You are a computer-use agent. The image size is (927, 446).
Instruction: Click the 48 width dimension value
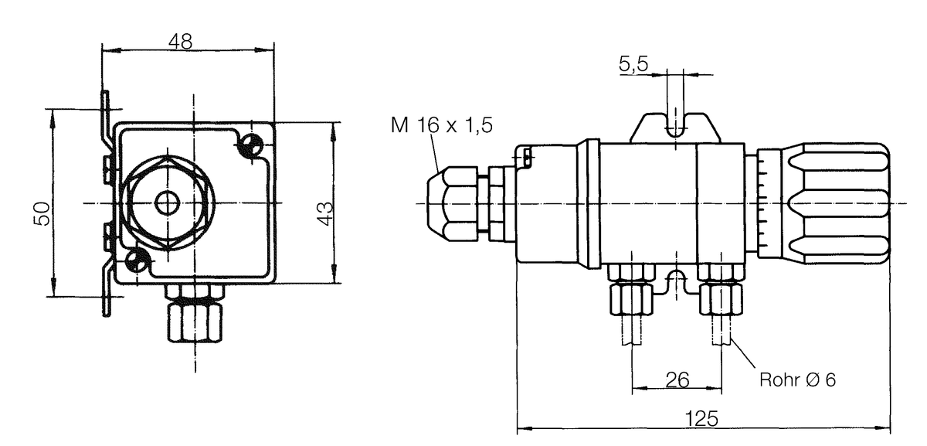(181, 42)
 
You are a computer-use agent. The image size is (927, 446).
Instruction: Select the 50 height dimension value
(42, 213)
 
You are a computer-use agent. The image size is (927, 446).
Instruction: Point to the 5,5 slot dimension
(633, 65)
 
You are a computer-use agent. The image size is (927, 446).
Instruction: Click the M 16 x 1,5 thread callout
(442, 125)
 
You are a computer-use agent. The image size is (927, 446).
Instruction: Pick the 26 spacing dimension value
(677, 380)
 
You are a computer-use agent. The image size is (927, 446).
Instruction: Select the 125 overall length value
(702, 419)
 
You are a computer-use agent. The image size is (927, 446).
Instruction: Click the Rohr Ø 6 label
(797, 380)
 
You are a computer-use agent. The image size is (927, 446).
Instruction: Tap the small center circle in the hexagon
(168, 203)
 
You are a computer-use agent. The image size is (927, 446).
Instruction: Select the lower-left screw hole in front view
(136, 260)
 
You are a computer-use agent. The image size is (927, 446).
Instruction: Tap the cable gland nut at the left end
(453, 203)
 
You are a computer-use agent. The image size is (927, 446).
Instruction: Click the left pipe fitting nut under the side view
(632, 298)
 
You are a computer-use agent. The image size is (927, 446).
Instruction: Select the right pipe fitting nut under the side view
(721, 298)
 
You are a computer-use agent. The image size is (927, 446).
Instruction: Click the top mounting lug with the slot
(675, 128)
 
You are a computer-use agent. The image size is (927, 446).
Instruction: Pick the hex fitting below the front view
(195, 322)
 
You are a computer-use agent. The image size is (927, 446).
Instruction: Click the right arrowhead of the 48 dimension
(265, 50)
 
